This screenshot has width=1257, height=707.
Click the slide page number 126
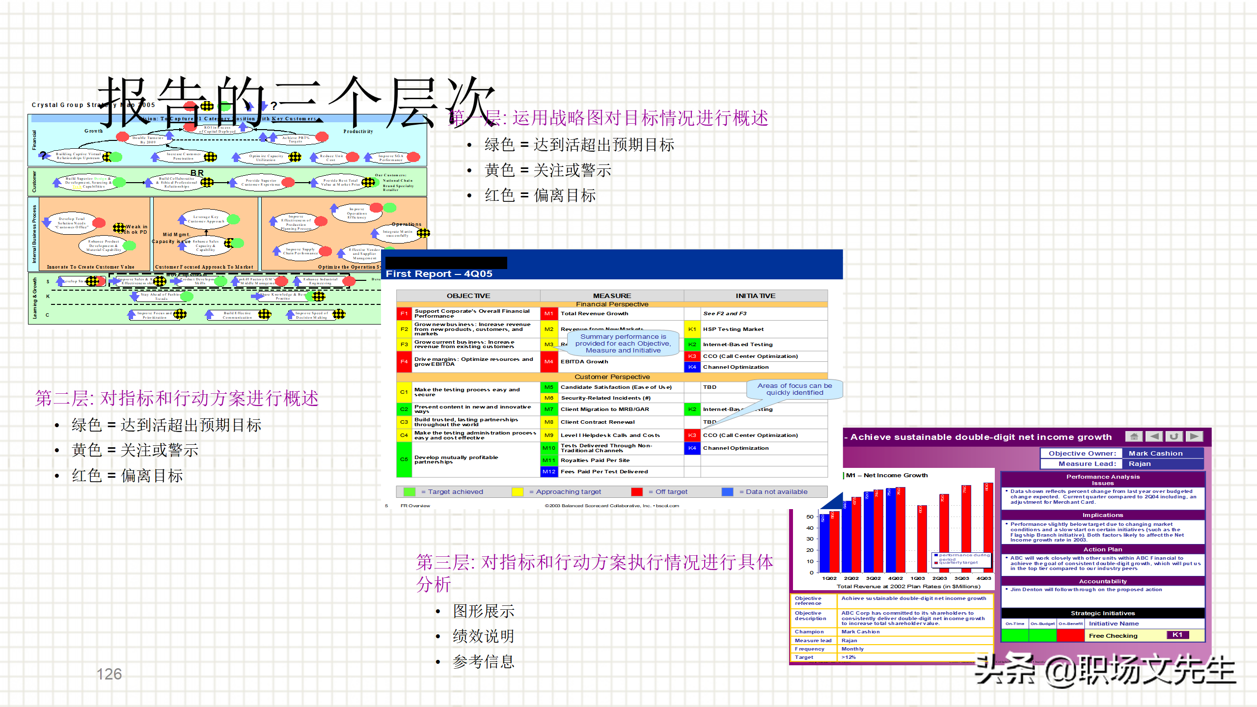109,674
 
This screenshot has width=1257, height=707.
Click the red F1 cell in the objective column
404,313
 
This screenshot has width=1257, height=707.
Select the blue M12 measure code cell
548,471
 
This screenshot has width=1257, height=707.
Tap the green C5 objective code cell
404,459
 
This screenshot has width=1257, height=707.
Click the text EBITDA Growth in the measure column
584,361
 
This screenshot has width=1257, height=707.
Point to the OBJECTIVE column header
468,296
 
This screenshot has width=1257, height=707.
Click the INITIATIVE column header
755,296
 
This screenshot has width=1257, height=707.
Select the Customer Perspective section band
612,377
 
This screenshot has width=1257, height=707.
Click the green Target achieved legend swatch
409,491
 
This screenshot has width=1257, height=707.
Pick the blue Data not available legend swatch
727,491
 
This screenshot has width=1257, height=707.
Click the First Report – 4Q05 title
439,273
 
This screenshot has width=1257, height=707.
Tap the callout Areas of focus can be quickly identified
794,389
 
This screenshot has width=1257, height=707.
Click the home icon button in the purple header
1134,436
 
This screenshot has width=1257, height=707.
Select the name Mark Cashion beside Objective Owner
1155,453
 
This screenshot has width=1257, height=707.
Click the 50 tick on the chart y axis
810,517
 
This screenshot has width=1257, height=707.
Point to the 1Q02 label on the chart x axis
829,578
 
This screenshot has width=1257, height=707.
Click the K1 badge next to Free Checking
1177,635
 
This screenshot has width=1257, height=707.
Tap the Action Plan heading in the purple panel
1102,549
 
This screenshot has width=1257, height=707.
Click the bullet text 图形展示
483,611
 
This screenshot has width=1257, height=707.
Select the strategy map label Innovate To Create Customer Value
90,267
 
